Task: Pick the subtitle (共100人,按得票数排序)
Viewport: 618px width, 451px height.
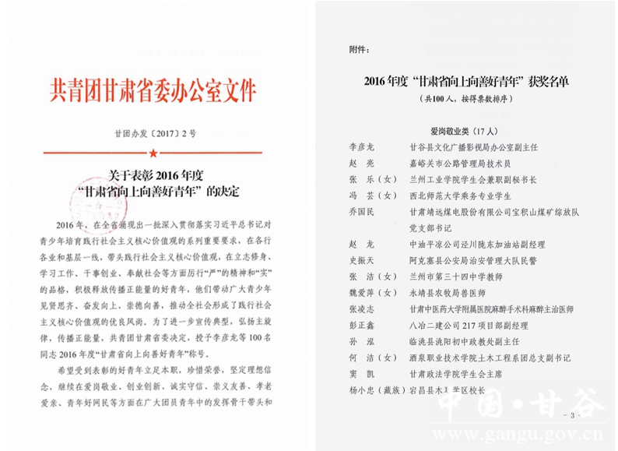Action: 470,100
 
